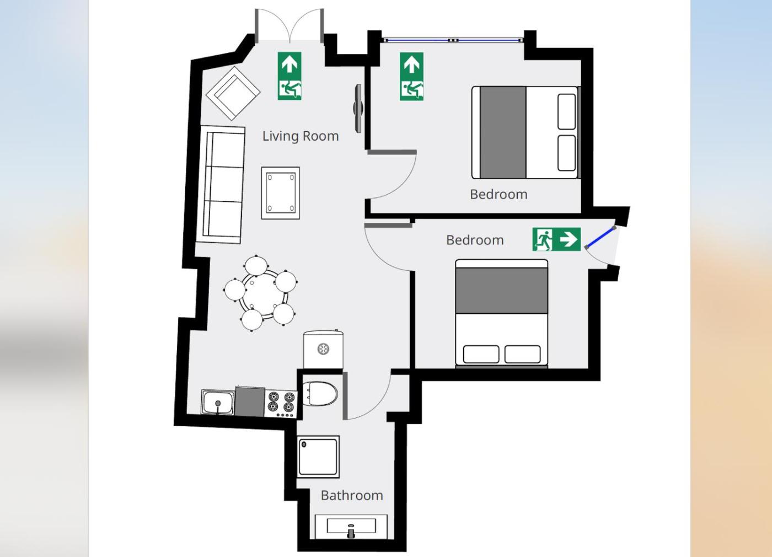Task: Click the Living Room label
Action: pos(301,136)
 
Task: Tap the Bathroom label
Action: pos(352,496)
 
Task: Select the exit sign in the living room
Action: pos(289,76)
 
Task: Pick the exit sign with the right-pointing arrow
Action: pos(556,239)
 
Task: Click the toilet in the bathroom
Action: pos(319,394)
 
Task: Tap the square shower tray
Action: pos(318,457)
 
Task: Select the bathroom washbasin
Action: pos(351,527)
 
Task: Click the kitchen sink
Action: pos(218,402)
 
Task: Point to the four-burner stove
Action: pos(281,405)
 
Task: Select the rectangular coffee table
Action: pos(281,193)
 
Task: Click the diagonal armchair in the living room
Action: pos(233,93)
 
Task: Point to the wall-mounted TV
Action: pos(358,108)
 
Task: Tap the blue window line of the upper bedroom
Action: pos(453,40)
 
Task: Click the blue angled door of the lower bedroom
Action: pos(601,238)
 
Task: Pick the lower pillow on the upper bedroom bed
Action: pos(567,153)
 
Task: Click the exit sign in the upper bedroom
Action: pos(411,77)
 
